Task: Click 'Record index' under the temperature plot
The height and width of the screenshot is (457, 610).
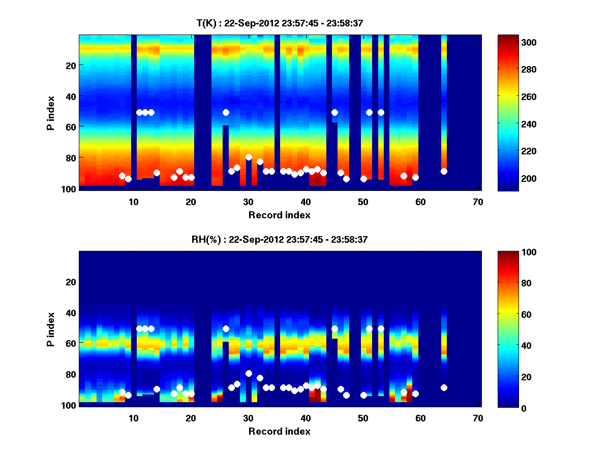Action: [279, 215]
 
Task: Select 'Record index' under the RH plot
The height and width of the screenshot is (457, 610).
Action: [279, 432]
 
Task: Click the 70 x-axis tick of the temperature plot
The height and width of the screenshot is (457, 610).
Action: [478, 202]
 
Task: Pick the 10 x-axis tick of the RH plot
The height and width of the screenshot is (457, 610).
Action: [134, 418]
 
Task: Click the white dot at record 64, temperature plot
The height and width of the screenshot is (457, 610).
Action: [444, 171]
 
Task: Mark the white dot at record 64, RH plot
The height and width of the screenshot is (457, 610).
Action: [444, 387]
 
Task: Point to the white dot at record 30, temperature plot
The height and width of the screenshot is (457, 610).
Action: [249, 157]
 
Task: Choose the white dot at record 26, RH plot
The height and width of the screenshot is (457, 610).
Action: [226, 329]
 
